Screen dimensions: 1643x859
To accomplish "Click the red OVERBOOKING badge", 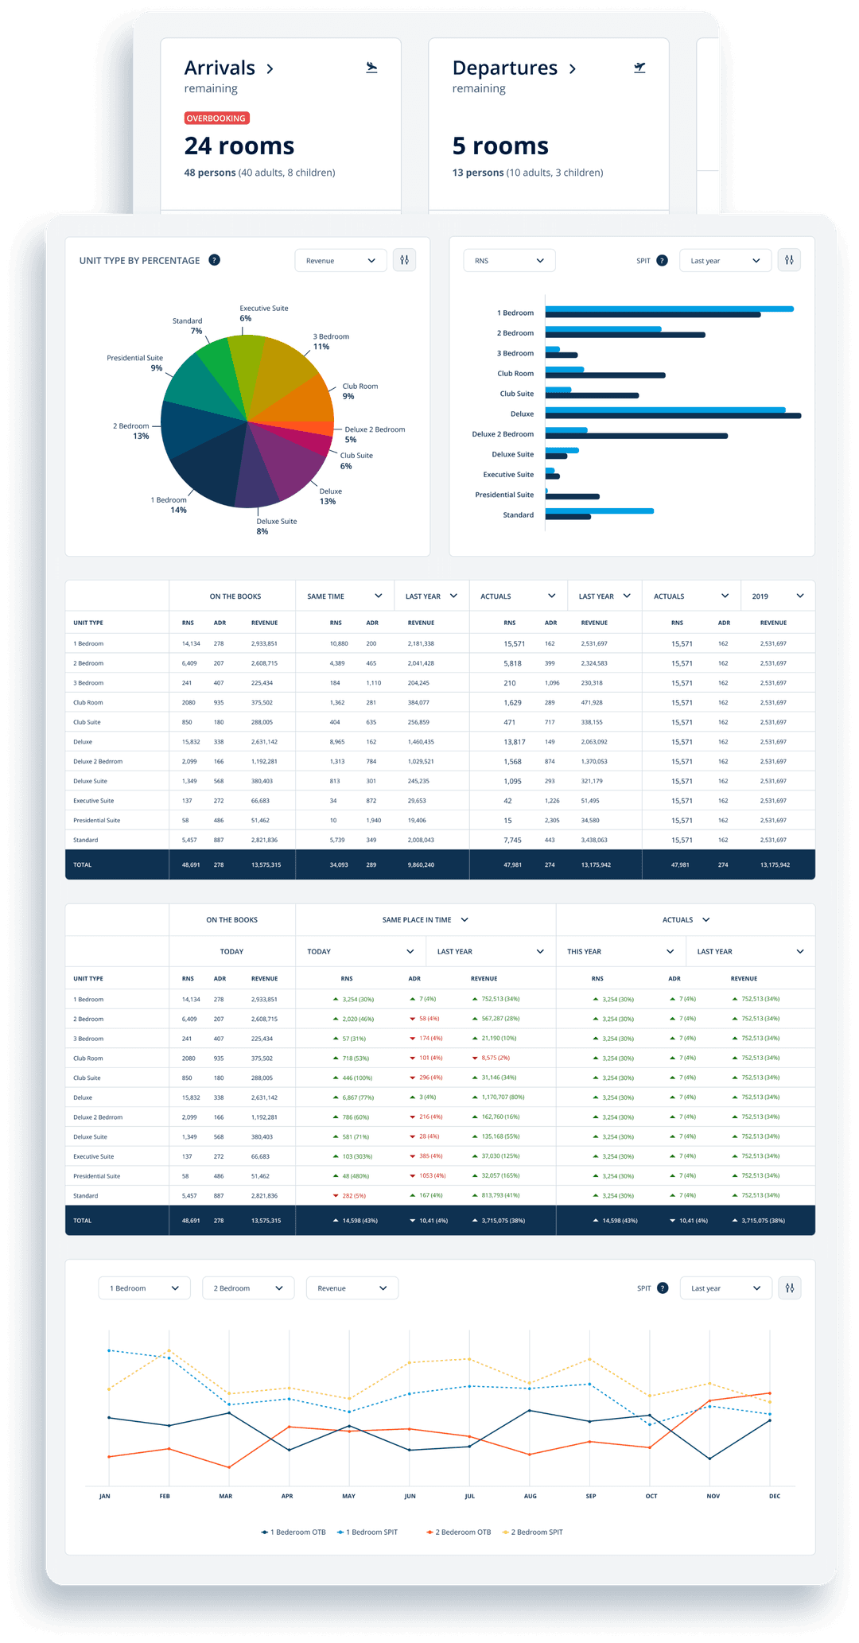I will click(x=216, y=118).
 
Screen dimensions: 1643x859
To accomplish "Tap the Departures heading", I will click(x=505, y=68).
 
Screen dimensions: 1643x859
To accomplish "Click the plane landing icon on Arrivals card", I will click(x=371, y=68).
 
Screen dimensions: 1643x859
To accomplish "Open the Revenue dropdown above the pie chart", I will click(x=340, y=261).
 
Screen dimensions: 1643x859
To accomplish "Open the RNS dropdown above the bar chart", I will click(x=509, y=261).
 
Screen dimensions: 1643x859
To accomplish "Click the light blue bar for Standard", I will click(x=599, y=511).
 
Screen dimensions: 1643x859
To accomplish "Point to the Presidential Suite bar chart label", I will click(x=504, y=495).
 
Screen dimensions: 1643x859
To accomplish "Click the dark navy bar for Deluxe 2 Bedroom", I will click(x=636, y=436).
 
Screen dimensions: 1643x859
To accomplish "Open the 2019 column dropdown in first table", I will click(x=778, y=596).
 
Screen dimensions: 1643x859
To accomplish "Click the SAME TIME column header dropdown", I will click(x=344, y=596).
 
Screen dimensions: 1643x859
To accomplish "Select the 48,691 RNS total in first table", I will click(x=191, y=864).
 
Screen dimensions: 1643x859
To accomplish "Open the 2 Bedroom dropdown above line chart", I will click(x=248, y=1288).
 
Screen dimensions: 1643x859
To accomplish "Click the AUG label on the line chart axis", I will click(x=530, y=1496).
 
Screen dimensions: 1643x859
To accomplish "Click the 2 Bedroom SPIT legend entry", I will click(x=533, y=1532).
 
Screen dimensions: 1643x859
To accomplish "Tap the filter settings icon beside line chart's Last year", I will click(x=790, y=1288).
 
